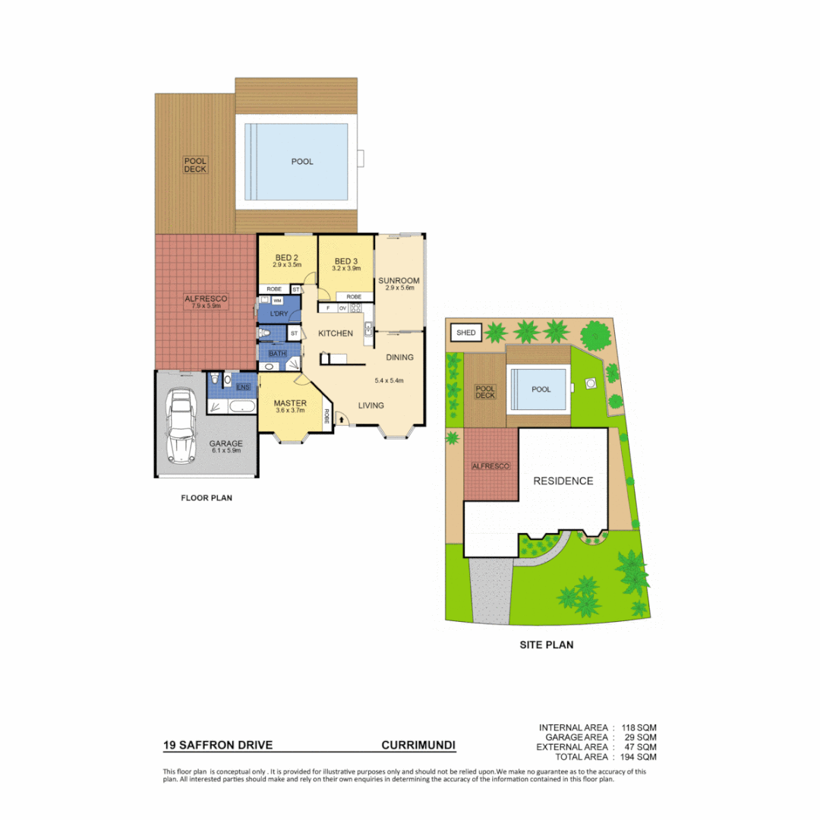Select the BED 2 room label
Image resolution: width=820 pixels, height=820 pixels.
click(287, 257)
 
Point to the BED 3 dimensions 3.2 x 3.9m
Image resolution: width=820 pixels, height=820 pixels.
click(345, 268)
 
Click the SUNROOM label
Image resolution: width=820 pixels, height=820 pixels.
click(399, 280)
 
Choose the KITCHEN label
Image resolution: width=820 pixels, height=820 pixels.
click(335, 333)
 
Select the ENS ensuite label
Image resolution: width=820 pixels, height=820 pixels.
click(243, 387)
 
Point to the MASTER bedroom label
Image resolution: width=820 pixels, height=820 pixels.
click(290, 402)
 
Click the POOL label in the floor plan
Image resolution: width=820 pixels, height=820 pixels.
click(302, 161)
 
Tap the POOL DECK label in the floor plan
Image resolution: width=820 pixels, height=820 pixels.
click(195, 165)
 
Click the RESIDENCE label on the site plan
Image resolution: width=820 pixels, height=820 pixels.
click(563, 481)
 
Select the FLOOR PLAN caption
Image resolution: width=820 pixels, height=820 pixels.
click(206, 499)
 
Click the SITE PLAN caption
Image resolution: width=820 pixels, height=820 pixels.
click(546, 645)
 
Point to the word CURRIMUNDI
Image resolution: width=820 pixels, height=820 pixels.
click(418, 746)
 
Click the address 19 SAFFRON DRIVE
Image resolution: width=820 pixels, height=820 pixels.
click(218, 746)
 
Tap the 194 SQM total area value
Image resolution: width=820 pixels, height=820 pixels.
click(639, 757)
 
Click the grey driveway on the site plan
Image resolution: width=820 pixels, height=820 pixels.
click(491, 592)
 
